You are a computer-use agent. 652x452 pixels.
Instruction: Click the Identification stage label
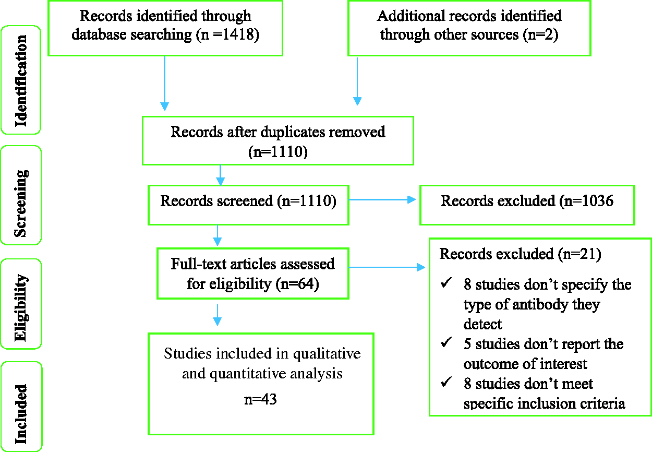click(21, 81)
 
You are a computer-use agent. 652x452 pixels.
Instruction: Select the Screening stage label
click(21, 203)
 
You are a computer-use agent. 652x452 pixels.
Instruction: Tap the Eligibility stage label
click(21, 307)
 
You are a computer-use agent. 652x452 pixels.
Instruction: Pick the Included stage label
click(21, 414)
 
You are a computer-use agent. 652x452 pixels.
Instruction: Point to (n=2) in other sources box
click(540, 34)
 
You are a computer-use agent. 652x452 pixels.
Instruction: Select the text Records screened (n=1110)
click(248, 201)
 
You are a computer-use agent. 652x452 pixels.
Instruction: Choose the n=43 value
click(260, 399)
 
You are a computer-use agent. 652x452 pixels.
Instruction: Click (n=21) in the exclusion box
click(579, 254)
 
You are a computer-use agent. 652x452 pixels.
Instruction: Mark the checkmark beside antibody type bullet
click(446, 282)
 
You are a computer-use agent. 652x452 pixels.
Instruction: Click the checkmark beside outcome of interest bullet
click(446, 342)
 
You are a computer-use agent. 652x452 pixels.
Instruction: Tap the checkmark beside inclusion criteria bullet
click(446, 382)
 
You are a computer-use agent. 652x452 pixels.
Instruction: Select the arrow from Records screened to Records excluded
click(382, 199)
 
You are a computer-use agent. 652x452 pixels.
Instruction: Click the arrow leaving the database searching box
click(165, 84)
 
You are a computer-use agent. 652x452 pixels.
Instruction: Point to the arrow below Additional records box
click(357, 81)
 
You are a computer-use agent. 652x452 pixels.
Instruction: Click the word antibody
click(540, 305)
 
